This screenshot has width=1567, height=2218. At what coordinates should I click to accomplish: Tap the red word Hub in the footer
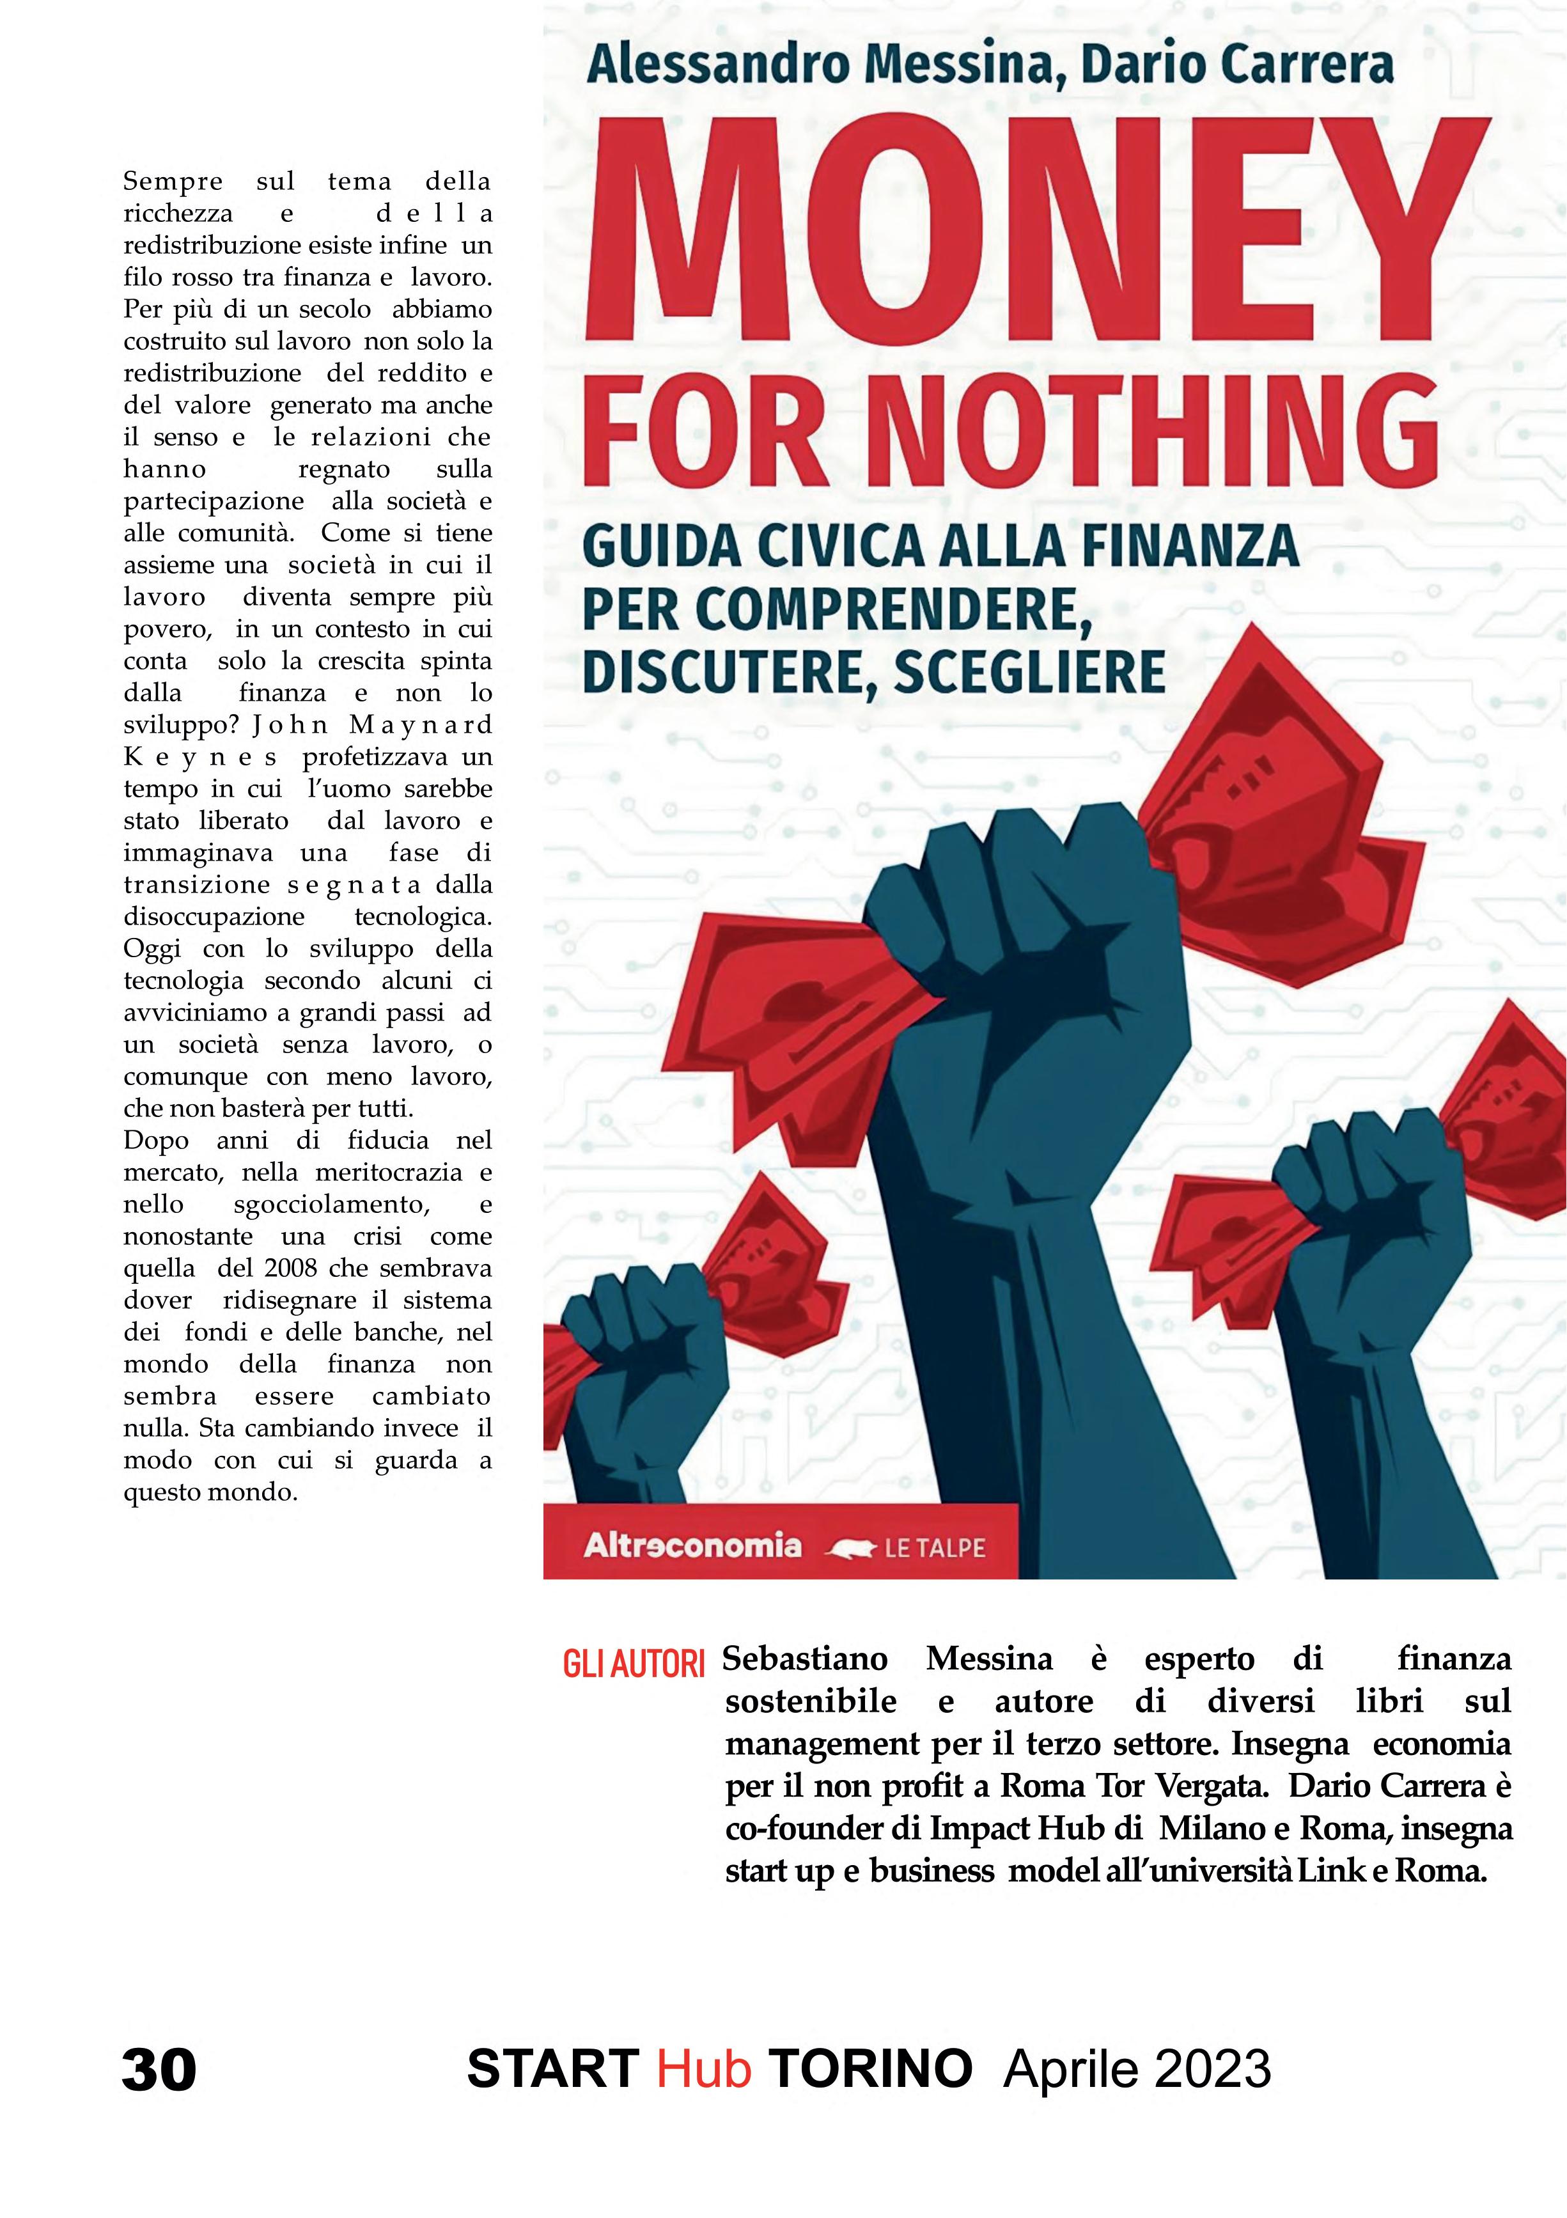(x=703, y=2068)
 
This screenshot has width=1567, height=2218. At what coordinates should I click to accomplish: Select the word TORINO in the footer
(x=870, y=2068)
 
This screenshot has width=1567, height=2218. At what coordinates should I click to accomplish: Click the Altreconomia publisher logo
(x=692, y=1545)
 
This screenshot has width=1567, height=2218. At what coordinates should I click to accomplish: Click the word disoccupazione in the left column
(x=214, y=916)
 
